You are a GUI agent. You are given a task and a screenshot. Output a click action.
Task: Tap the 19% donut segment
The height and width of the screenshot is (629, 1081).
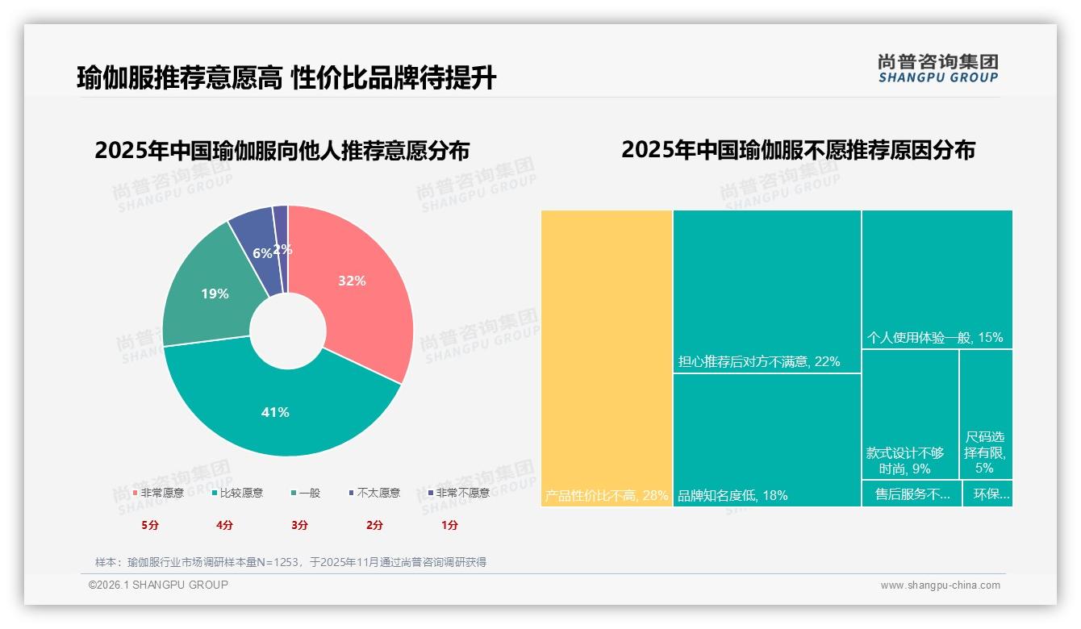pos(211,294)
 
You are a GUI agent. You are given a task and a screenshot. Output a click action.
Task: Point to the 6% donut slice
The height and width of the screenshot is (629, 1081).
pos(257,242)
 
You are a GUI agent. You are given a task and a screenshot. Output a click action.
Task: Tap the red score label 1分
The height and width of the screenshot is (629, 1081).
pos(449,525)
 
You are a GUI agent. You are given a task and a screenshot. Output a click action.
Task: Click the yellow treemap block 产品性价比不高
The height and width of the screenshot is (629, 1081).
pos(607,359)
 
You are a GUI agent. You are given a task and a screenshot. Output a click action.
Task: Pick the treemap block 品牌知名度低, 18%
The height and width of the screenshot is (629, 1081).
pos(767,439)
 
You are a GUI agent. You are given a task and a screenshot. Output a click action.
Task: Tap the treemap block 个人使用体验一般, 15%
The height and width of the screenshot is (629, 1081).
pos(937,279)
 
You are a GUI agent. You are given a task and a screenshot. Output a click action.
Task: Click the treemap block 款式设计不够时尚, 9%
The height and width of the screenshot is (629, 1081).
pos(910,415)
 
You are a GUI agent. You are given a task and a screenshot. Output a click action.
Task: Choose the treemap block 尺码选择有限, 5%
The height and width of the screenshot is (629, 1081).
pos(986,415)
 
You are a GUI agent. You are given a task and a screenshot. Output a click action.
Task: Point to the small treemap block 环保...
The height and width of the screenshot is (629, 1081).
pos(988,494)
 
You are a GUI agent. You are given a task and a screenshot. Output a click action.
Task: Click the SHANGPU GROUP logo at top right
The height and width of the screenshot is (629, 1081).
pos(938,68)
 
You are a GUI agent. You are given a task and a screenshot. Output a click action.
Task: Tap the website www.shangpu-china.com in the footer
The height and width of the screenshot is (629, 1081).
pos(940,585)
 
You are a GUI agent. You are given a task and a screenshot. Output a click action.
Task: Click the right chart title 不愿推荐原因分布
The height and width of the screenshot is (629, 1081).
pos(798,150)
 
